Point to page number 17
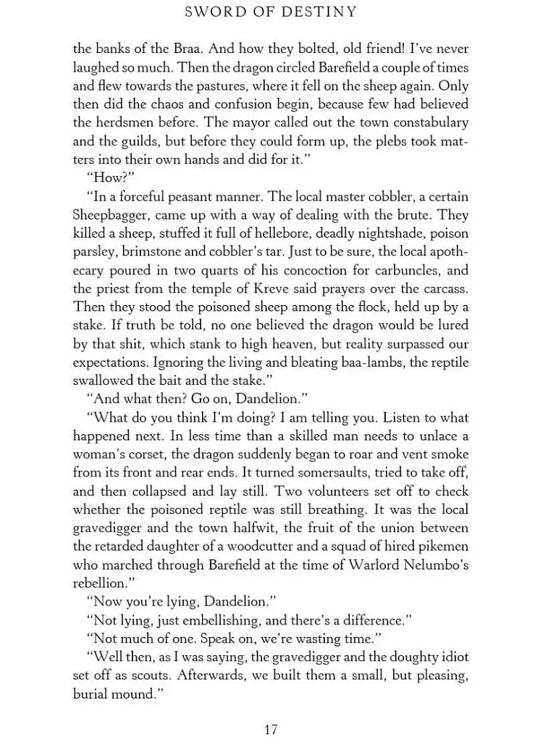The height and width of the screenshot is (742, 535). (271, 729)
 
